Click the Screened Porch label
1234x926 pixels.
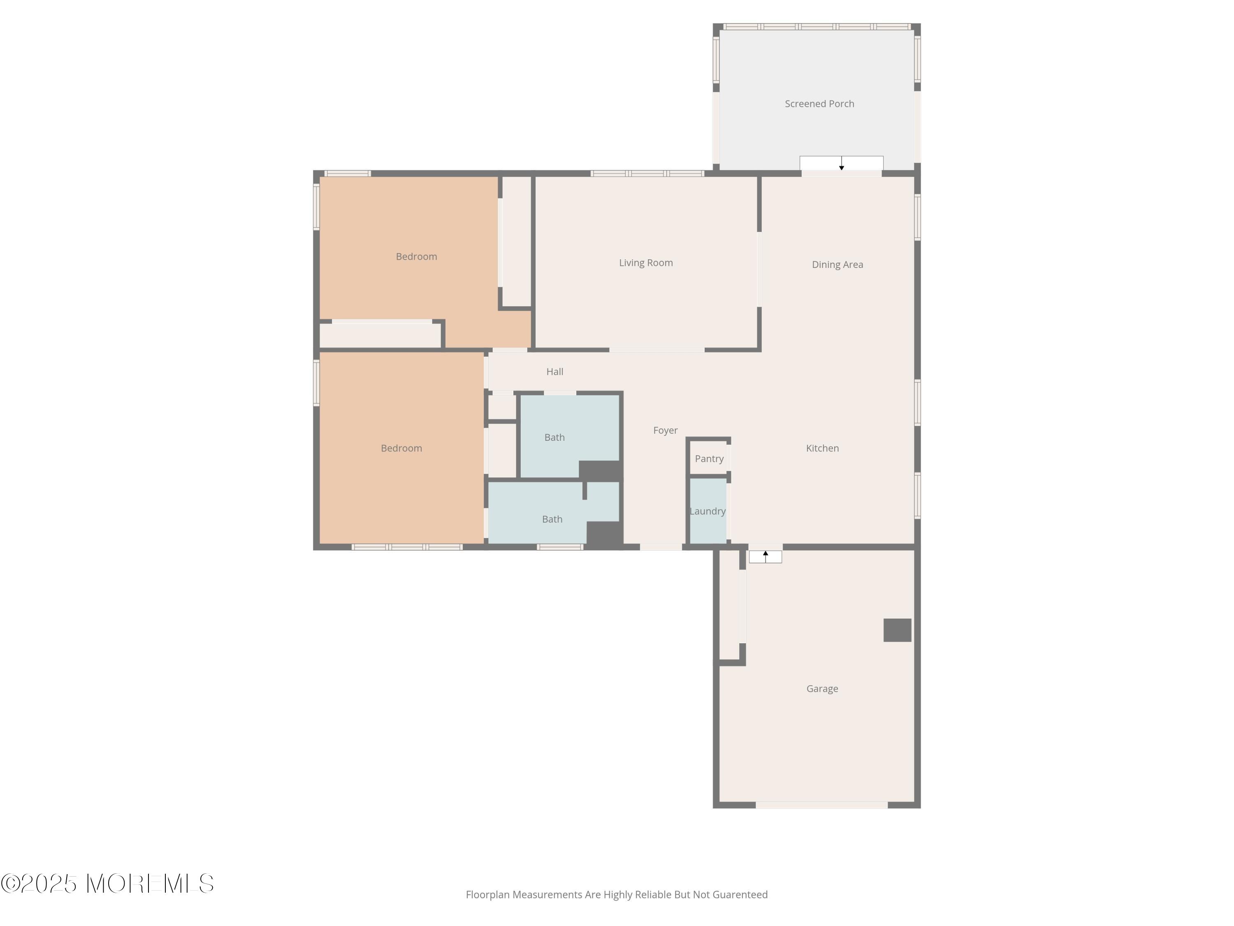pos(819,104)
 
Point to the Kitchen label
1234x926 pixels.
pos(822,448)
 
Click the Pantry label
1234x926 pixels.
pos(709,459)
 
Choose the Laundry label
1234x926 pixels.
pos(707,511)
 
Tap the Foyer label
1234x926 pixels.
pos(665,430)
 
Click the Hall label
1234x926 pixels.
pos(554,372)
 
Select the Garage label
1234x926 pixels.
pos(822,689)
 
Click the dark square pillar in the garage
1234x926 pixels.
pos(897,630)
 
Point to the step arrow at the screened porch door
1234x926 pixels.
pos(841,163)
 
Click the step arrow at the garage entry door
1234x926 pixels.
pos(765,556)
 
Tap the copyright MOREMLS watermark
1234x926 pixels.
pos(107,884)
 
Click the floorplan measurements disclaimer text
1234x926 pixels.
pos(617,895)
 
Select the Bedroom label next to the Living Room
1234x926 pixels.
pos(416,257)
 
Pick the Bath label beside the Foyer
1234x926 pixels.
pos(554,437)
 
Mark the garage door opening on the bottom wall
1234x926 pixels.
pos(821,805)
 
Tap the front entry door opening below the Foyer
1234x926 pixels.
pos(661,547)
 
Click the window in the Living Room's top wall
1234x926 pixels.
pos(647,174)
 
